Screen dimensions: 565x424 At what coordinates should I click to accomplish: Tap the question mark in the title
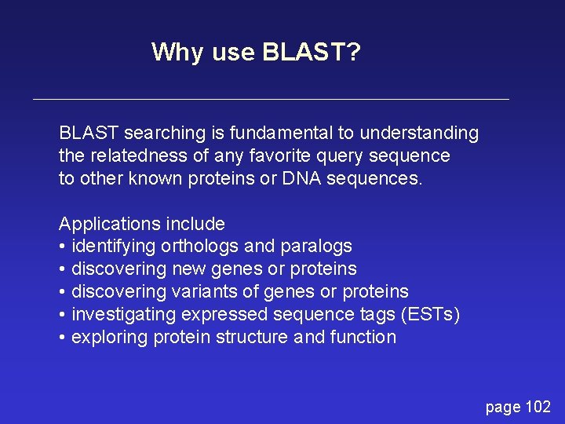[x=354, y=52]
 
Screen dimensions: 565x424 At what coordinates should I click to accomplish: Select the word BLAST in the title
[x=304, y=52]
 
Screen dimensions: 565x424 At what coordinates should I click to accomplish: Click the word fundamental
[x=281, y=133]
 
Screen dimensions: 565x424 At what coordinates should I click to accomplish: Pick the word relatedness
[x=139, y=155]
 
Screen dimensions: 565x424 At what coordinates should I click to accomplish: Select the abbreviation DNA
[x=301, y=178]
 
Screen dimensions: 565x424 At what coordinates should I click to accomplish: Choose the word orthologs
[x=199, y=247]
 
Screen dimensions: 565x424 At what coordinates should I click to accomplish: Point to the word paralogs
[x=316, y=247]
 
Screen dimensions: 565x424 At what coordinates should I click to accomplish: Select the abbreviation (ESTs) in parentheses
[x=430, y=315]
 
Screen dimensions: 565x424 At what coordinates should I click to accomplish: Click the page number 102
[x=538, y=407]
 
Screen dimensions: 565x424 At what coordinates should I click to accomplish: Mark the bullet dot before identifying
[x=62, y=247]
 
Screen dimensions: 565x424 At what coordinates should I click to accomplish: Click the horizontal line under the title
[x=271, y=99]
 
